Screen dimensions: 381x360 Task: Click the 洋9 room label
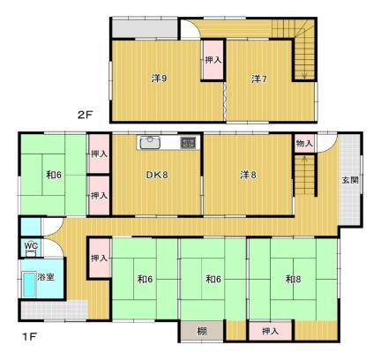(x=160, y=79)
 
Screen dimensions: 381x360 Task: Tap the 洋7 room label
(x=259, y=79)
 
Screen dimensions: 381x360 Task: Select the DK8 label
(x=157, y=175)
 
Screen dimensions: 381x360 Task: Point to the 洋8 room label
(x=248, y=175)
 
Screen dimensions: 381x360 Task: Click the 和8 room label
(x=293, y=279)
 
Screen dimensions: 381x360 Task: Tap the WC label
(x=31, y=245)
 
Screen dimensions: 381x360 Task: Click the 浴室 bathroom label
(x=46, y=277)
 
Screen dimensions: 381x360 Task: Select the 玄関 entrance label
(x=350, y=180)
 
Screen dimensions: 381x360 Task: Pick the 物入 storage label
(x=304, y=144)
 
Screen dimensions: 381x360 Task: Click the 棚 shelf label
(x=202, y=332)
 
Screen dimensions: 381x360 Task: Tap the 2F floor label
(x=85, y=115)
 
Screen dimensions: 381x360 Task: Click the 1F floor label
(x=29, y=337)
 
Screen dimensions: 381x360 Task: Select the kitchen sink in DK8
(x=150, y=143)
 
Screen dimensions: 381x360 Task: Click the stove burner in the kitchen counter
(x=188, y=143)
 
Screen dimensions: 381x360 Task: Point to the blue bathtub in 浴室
(x=29, y=285)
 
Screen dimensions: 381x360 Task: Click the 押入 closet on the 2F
(x=213, y=60)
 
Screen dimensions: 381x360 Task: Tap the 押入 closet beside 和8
(x=271, y=332)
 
